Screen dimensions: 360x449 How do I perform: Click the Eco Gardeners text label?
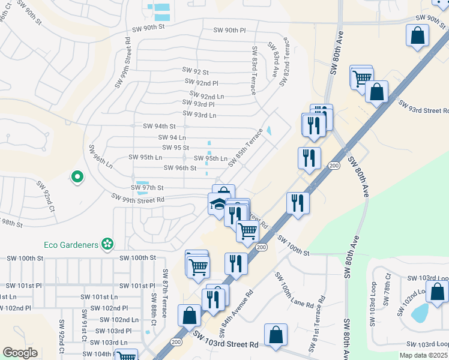71,244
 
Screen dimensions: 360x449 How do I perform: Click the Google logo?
20,353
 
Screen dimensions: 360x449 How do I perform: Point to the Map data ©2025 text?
424,355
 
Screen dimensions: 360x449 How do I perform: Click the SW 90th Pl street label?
231,30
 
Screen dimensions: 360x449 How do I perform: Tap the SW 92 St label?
195,71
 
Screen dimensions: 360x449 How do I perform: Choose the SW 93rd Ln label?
199,115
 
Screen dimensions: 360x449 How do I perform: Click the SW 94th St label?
159,127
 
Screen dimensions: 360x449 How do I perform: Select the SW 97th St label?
148,188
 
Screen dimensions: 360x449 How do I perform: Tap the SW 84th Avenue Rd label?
238,310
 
